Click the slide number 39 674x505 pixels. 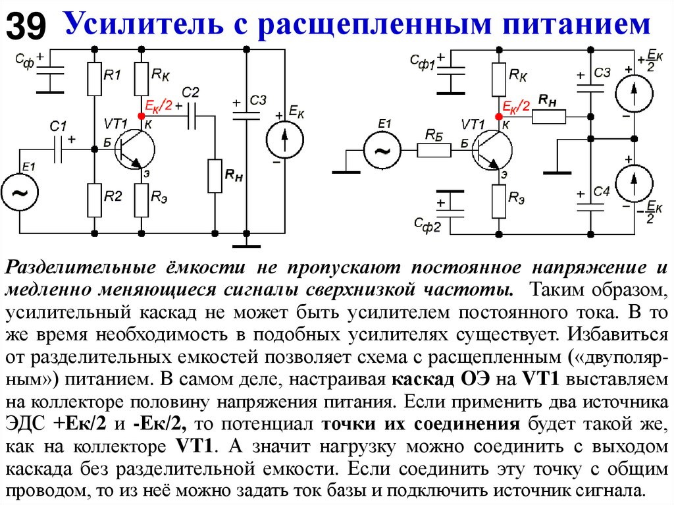click(26, 26)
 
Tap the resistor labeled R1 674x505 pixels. click(95, 78)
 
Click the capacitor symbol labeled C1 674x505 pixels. click(59, 149)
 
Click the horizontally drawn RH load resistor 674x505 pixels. click(548, 117)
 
